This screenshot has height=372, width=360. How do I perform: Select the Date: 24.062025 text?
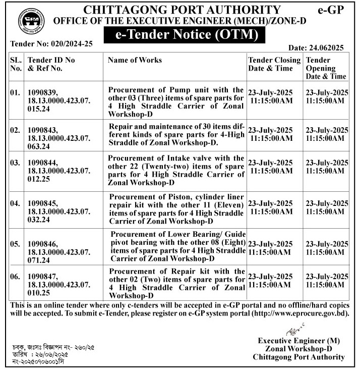click(x=316, y=48)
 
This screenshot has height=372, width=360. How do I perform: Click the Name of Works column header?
click(x=135, y=60)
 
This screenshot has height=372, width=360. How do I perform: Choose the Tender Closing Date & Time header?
click(x=274, y=64)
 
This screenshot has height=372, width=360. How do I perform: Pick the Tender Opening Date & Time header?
click(x=326, y=68)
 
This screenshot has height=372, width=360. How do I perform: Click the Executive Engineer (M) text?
click(x=299, y=341)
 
